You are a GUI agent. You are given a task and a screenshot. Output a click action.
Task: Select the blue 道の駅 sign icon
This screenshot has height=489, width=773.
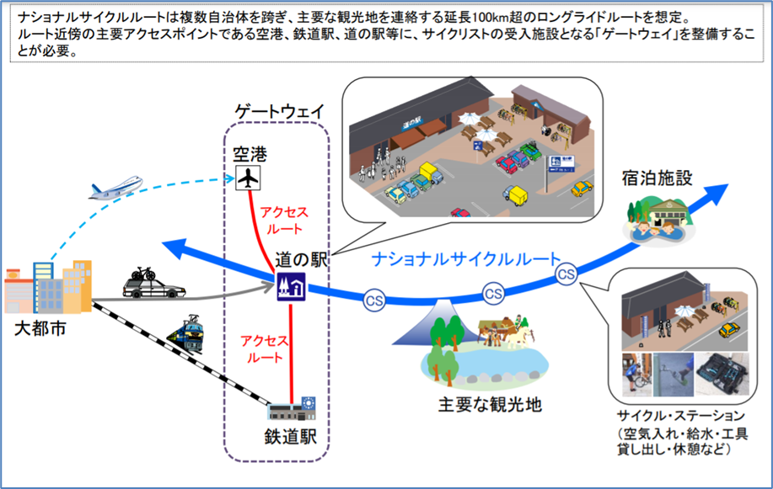pyautogui.click(x=291, y=286)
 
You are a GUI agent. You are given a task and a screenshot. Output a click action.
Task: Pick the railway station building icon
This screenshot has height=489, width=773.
pyautogui.click(x=292, y=408)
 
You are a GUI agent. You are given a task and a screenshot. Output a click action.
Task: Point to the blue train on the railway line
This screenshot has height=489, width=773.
pyautogui.click(x=187, y=332)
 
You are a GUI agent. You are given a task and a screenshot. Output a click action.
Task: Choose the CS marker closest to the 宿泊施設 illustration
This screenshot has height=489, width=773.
pyautogui.click(x=566, y=274)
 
